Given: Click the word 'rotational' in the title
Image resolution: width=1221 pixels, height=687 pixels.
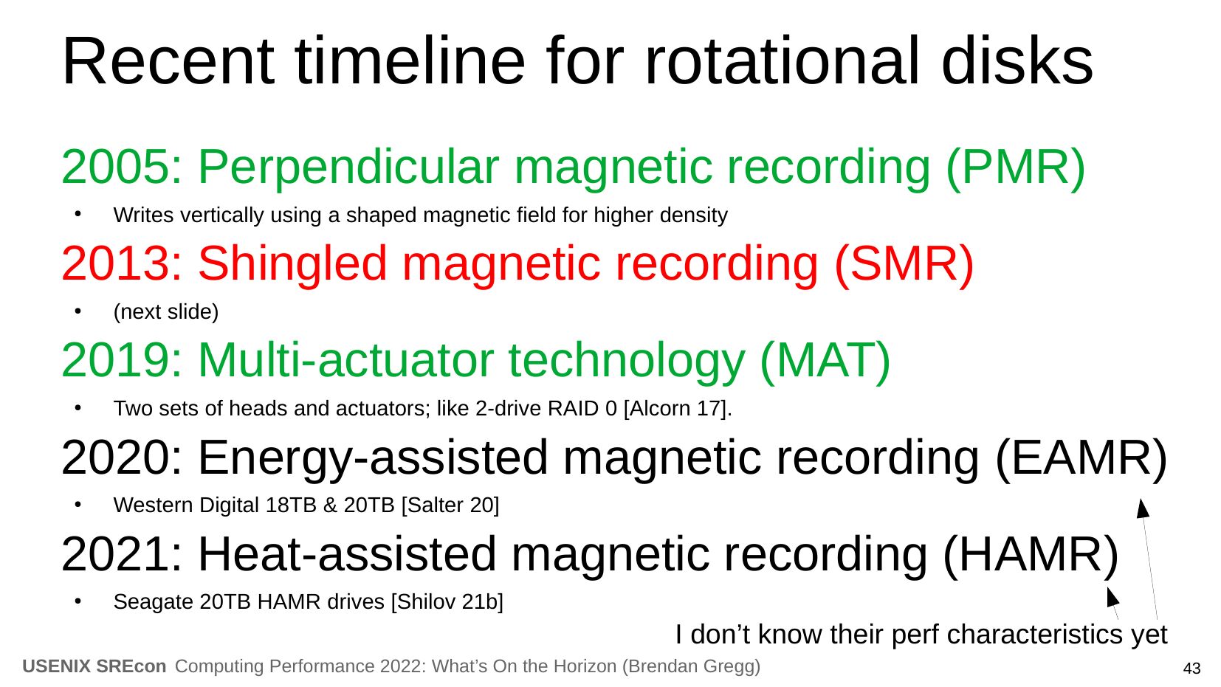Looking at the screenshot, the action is click(x=783, y=61).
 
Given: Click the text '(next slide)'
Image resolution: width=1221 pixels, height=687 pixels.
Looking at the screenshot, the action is click(x=165, y=312).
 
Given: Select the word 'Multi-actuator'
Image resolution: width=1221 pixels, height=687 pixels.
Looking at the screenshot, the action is click(x=346, y=360).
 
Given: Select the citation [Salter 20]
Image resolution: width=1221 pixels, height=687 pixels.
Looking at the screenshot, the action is click(x=450, y=505).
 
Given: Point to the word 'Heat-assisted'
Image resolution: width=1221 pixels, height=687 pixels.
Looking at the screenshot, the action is click(x=347, y=554).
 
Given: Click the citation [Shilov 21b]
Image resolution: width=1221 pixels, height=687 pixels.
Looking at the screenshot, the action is click(x=447, y=602).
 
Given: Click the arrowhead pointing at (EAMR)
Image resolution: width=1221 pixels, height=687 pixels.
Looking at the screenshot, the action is click(x=1143, y=508).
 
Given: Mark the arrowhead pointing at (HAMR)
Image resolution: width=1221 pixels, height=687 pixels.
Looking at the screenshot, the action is click(x=1112, y=596).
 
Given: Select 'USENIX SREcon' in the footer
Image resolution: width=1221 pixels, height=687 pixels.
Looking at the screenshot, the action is click(x=94, y=666).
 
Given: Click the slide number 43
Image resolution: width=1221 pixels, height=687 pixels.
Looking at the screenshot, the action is click(x=1191, y=669).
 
